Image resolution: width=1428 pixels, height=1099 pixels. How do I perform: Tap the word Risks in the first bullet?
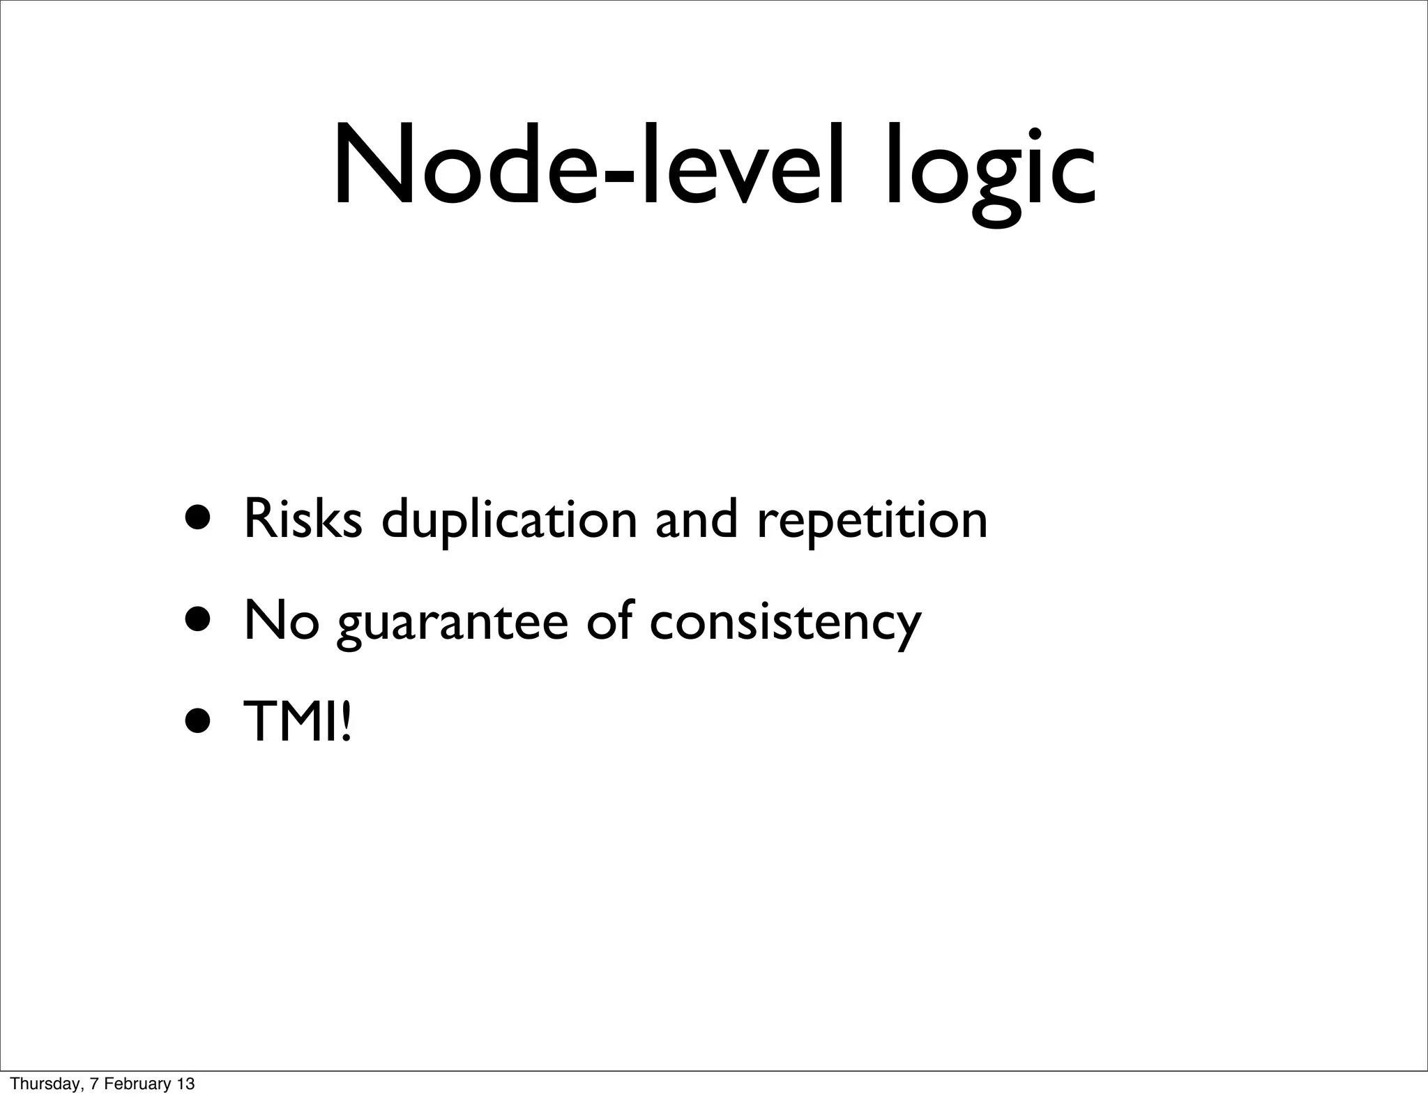(x=303, y=519)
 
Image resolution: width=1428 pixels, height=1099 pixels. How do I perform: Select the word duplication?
(x=509, y=522)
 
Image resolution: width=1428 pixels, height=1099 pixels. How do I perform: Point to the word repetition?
(x=872, y=522)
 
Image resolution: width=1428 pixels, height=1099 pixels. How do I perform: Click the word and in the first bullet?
(x=697, y=519)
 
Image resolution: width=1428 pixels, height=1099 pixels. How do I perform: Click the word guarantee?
(x=453, y=623)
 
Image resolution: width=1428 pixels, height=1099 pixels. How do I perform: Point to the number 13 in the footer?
(x=185, y=1084)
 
